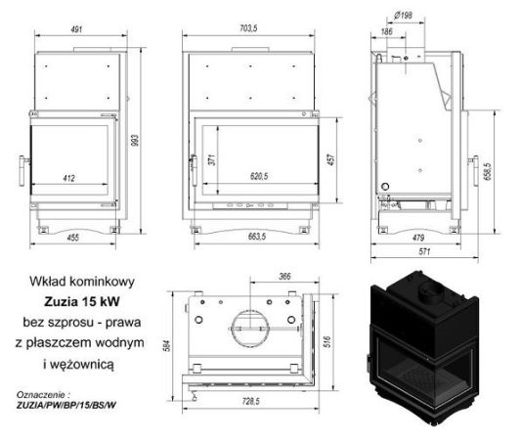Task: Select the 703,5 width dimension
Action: click(252, 28)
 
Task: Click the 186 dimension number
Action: click(387, 33)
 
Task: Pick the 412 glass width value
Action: click(69, 179)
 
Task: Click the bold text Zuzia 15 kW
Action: click(87, 301)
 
